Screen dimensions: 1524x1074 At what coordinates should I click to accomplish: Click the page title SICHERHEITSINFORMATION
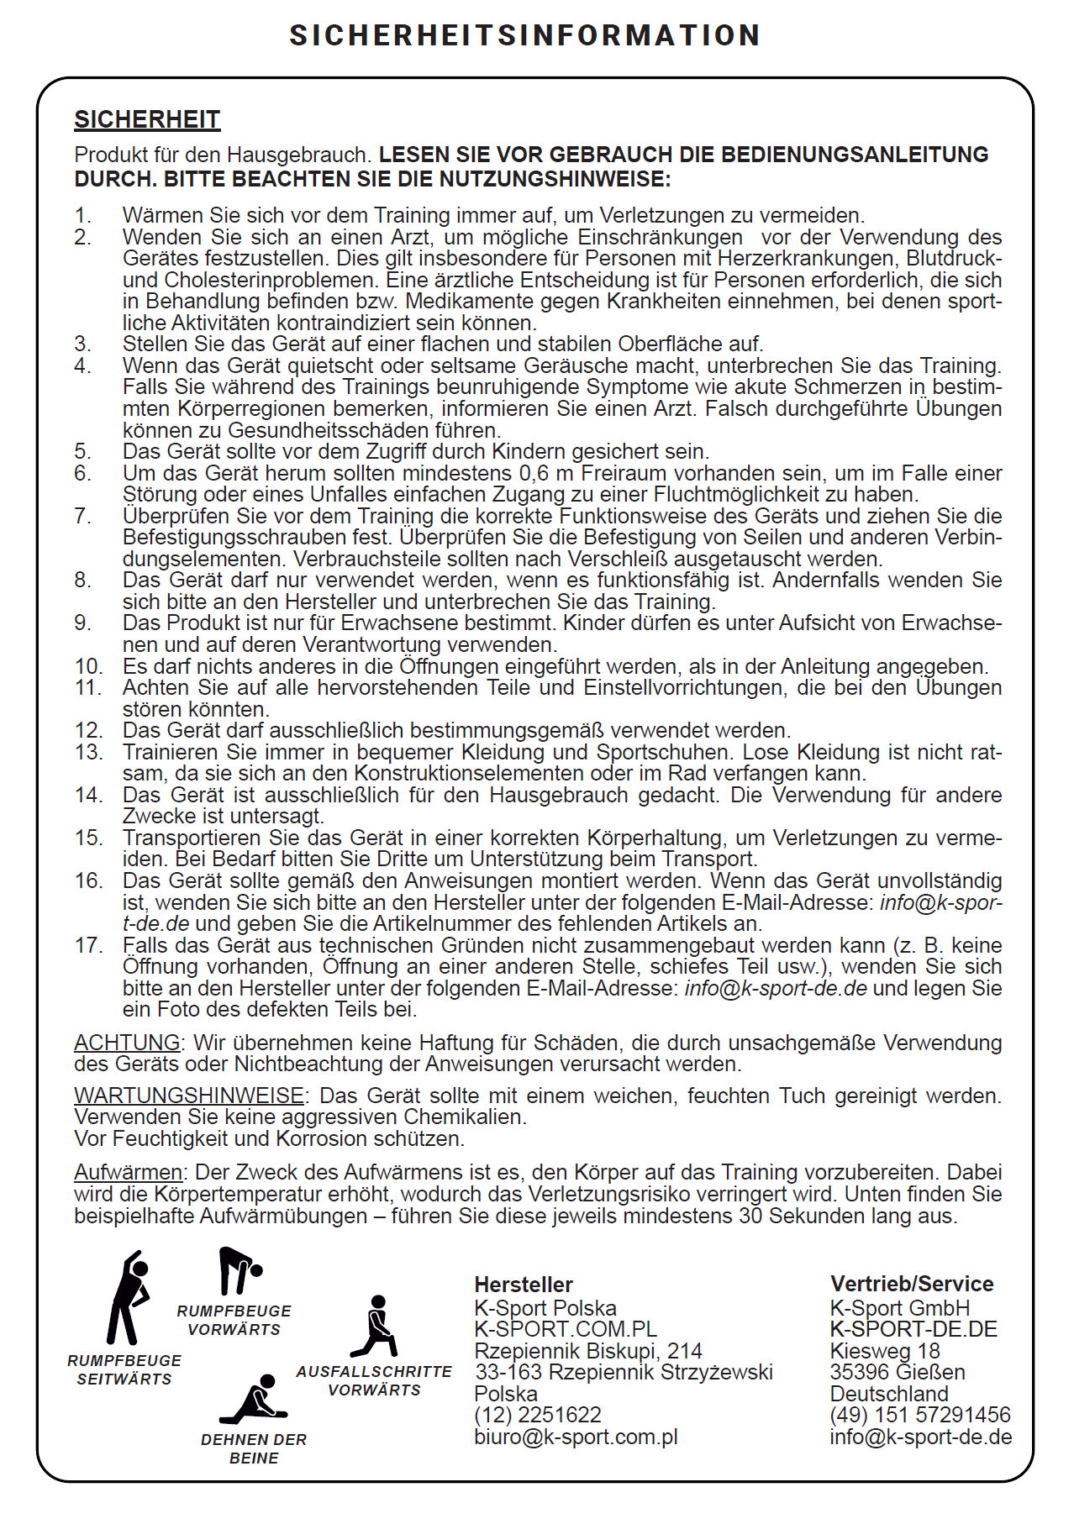coord(525,35)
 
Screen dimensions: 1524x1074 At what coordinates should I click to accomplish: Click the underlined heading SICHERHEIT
coord(147,120)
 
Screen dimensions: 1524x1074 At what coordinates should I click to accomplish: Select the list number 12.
coord(88,731)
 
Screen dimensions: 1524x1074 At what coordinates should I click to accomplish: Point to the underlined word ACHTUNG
coord(127,1043)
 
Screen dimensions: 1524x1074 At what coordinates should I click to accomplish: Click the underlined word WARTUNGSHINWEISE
coord(189,1096)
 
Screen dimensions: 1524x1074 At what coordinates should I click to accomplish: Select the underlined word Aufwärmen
coord(129,1173)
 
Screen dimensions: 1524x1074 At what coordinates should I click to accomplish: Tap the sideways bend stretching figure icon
coord(128,1299)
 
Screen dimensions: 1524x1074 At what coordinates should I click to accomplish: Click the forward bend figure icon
coord(239,1271)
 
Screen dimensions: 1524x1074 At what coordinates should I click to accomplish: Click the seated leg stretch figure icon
coord(255,1401)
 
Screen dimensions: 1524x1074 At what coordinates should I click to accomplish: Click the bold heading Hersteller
coord(524,1285)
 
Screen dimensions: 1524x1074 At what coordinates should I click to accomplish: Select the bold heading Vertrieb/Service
coord(912,1284)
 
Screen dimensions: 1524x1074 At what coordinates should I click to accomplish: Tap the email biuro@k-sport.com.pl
coord(576,1437)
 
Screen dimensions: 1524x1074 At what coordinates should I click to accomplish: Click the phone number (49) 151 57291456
coord(920,1416)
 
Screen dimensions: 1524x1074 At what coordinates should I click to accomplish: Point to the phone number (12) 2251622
coord(538,1416)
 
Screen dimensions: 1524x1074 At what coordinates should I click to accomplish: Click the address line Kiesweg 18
coord(885,1351)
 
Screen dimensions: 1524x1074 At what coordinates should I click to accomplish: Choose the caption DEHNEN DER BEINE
coord(254,1448)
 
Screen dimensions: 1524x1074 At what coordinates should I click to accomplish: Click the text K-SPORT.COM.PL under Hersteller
coord(566,1329)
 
